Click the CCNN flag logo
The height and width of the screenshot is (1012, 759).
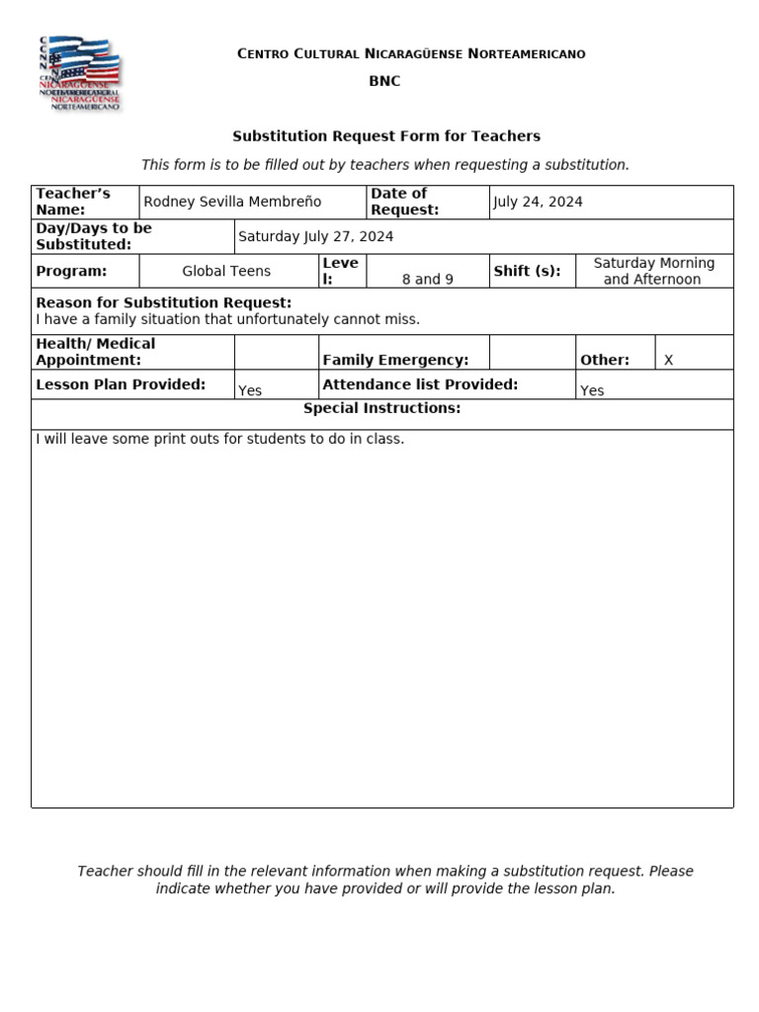(79, 74)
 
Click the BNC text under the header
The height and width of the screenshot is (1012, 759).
(384, 81)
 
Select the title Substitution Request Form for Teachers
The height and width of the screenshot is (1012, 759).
(386, 136)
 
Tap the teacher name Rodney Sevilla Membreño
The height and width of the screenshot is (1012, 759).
(232, 202)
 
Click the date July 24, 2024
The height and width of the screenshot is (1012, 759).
(538, 202)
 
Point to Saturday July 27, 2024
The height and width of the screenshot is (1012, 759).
(316, 236)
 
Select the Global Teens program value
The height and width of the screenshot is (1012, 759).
(226, 271)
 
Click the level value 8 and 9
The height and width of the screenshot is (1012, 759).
(428, 279)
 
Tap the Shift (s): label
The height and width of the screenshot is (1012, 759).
(527, 271)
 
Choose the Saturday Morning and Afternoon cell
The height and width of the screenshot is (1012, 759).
(653, 271)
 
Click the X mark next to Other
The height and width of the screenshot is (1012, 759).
(669, 360)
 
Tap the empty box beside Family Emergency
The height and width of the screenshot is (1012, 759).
(532, 352)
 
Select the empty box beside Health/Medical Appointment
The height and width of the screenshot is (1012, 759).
(276, 352)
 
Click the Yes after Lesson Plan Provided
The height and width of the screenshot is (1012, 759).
(250, 390)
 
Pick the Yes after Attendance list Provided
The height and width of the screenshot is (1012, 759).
(592, 390)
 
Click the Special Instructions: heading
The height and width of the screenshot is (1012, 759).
(381, 408)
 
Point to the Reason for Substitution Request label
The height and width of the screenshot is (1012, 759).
(163, 302)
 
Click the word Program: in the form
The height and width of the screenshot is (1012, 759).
(71, 271)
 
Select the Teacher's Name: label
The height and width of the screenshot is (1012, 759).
(73, 202)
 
